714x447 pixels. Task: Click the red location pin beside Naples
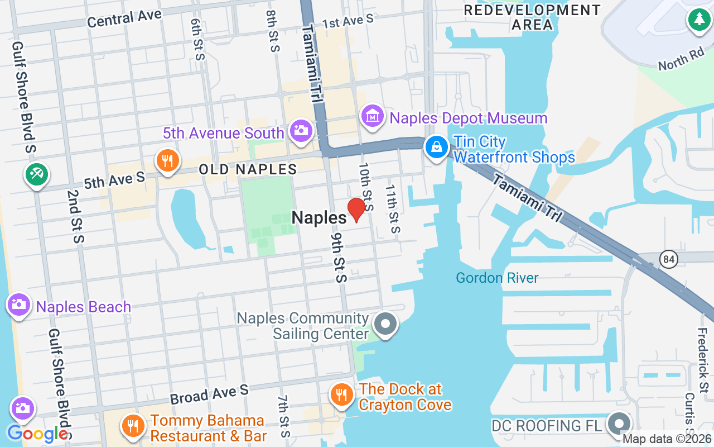tap(356, 210)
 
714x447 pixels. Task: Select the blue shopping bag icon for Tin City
tap(437, 147)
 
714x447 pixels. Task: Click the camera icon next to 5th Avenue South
tap(301, 131)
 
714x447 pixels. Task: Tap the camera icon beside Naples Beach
tap(19, 305)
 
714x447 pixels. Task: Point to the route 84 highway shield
tap(668, 259)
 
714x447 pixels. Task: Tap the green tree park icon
tap(698, 20)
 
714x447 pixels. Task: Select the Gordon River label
tap(497, 278)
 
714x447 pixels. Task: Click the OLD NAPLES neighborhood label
tap(248, 169)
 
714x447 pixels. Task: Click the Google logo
tap(37, 434)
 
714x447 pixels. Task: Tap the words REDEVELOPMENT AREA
tap(532, 17)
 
